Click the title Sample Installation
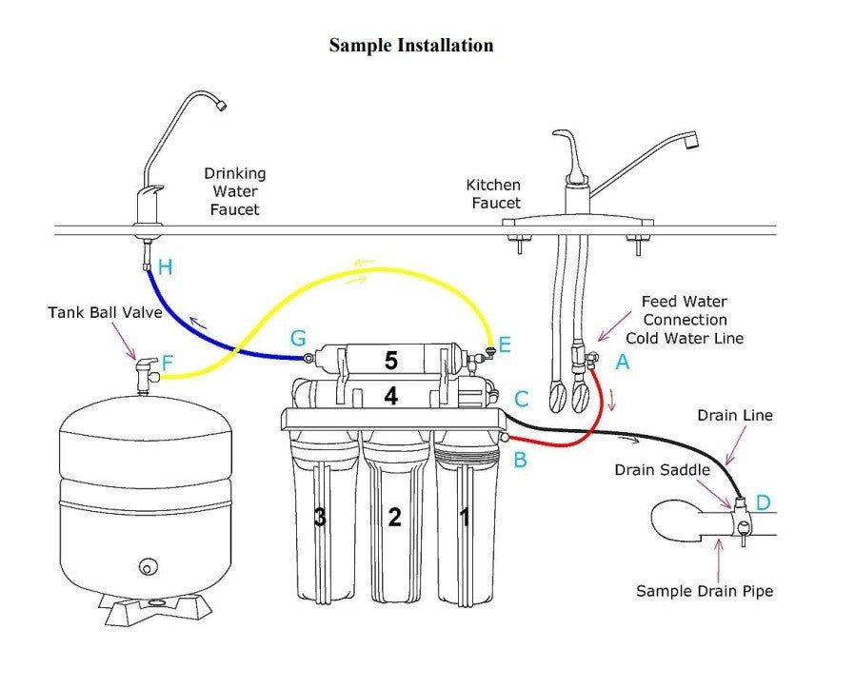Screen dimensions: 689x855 (x=411, y=45)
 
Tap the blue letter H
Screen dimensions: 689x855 (x=166, y=267)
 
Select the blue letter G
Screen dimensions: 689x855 (x=298, y=338)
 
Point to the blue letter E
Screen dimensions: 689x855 (x=505, y=344)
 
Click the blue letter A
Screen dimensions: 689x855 (x=623, y=362)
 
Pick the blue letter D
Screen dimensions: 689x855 (x=763, y=502)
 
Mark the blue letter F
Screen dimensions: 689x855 (x=168, y=363)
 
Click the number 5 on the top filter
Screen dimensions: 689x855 (x=390, y=361)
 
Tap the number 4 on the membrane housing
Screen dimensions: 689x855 (x=390, y=396)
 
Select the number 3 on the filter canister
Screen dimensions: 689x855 (x=320, y=518)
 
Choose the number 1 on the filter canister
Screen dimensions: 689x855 (x=465, y=518)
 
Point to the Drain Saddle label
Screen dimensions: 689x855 (x=662, y=470)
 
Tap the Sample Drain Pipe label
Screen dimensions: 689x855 (x=705, y=591)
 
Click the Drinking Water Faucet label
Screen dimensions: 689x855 (x=234, y=191)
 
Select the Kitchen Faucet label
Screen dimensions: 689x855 (x=493, y=193)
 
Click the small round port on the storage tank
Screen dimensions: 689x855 (x=147, y=567)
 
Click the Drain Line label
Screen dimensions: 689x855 (x=734, y=415)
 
